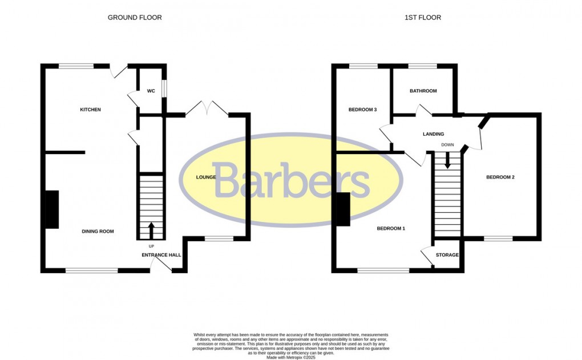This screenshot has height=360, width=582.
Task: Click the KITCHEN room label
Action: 90,110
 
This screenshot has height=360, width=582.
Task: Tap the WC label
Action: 151,91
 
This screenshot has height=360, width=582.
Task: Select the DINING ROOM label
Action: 98,232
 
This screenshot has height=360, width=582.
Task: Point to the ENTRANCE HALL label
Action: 161,255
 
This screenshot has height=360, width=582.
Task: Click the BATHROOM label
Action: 423,91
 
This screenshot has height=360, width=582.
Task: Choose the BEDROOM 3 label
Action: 363,110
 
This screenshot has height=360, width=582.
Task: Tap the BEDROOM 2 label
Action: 500,177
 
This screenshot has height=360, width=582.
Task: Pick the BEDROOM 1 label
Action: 391,229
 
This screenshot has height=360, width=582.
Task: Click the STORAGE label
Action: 447,255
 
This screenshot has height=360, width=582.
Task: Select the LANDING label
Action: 433,135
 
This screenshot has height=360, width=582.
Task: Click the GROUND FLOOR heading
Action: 135,18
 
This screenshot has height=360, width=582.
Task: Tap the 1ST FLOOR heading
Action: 423,18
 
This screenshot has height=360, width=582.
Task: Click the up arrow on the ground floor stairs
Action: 151,230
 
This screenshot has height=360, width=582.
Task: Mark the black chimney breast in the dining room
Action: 51,209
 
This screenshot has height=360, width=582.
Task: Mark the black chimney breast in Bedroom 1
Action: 343,209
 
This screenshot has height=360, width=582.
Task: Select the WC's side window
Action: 164,88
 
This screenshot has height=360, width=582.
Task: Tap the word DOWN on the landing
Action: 447,145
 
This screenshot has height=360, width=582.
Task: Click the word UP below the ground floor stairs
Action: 151,246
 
